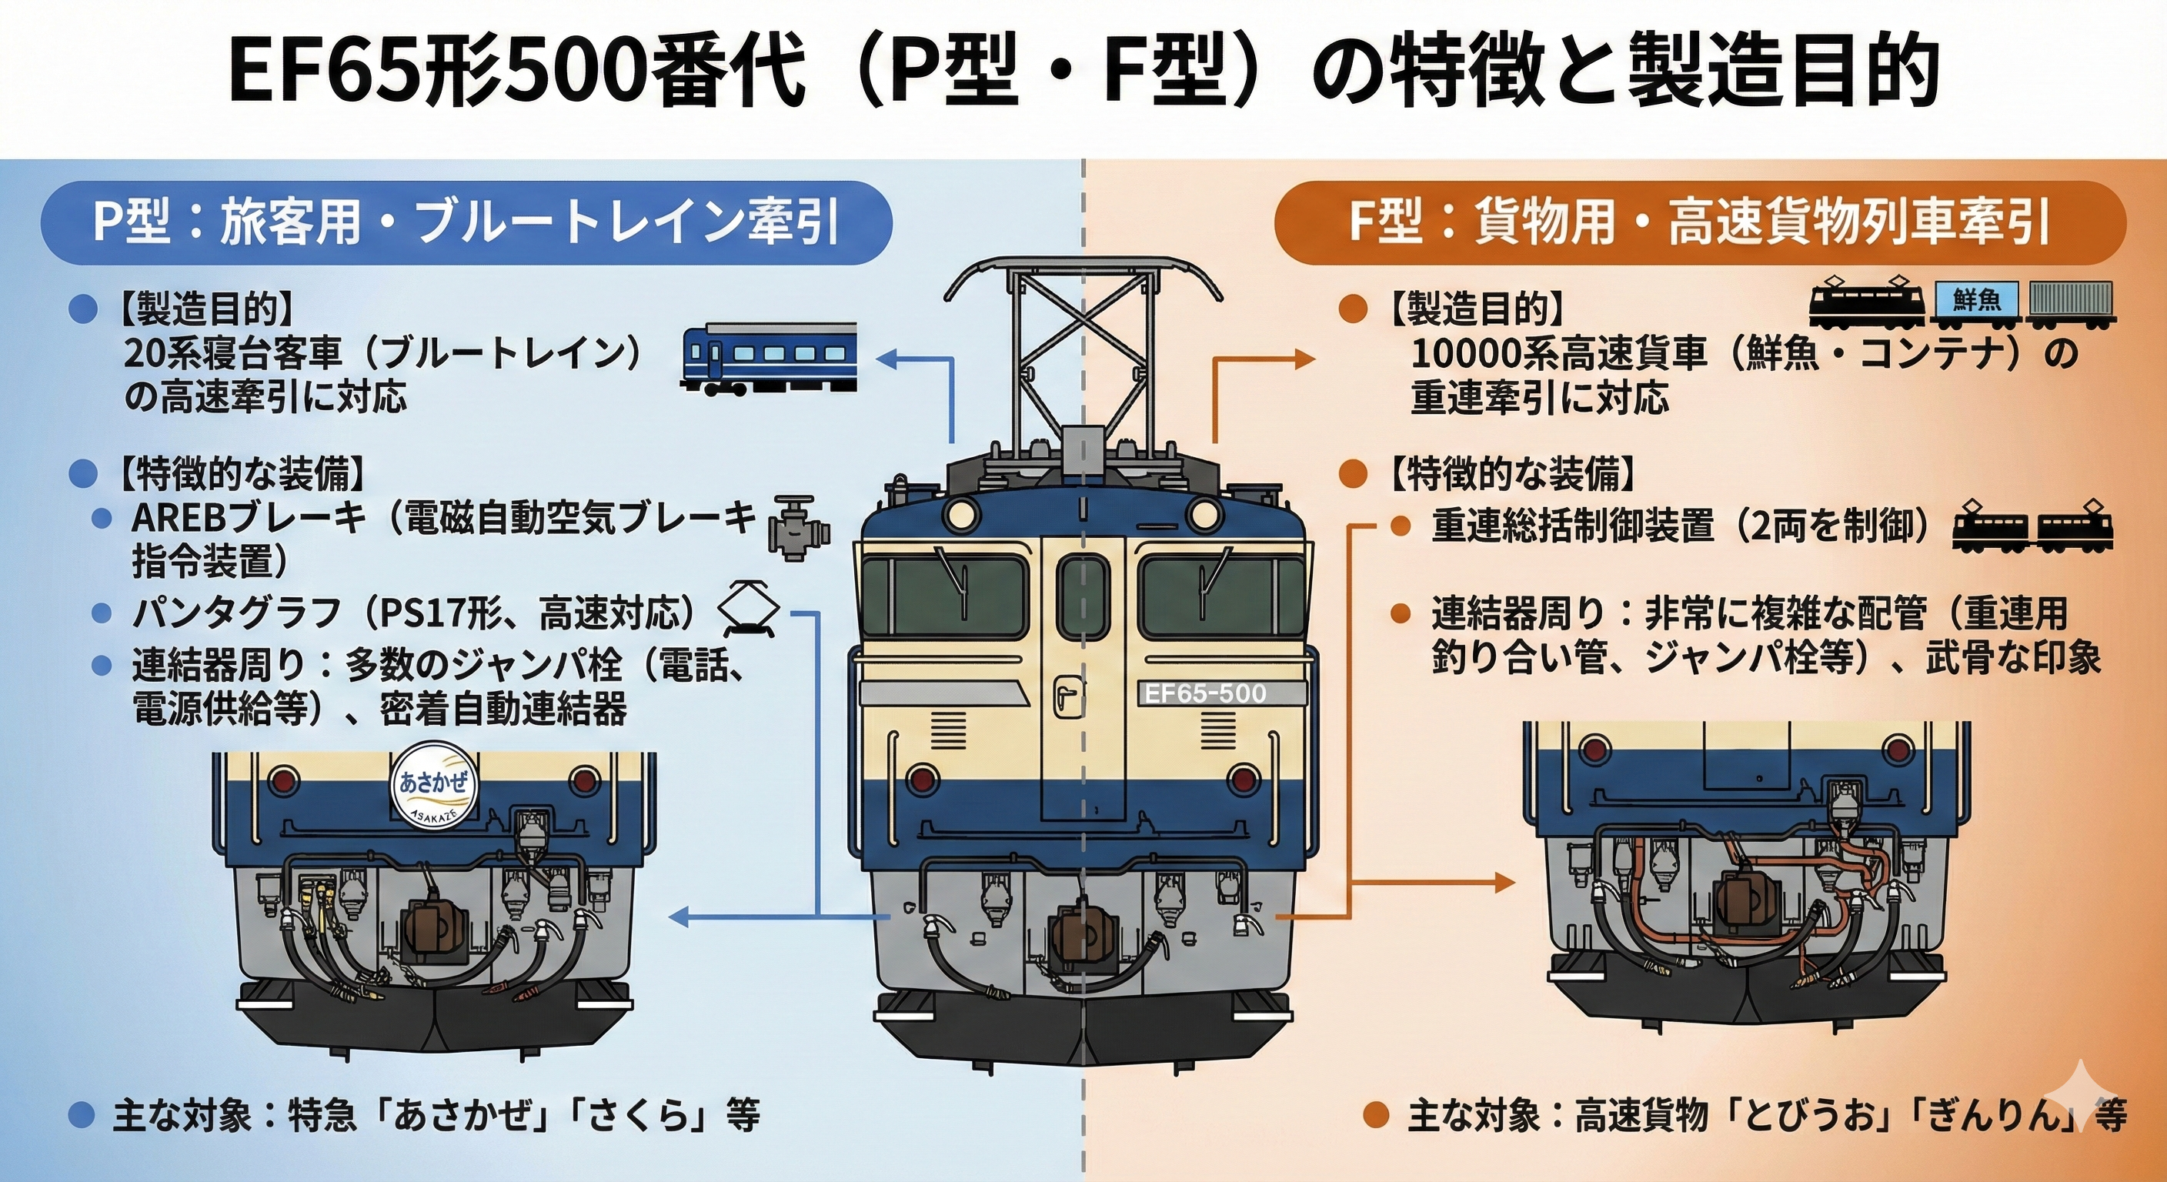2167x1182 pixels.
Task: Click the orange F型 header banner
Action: (x=1699, y=223)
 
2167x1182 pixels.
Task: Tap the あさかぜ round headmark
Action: (x=433, y=784)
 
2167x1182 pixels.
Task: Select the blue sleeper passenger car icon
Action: (x=768, y=358)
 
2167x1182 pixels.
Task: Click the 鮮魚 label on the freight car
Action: (x=1976, y=299)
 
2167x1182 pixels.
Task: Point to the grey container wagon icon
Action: (x=2070, y=304)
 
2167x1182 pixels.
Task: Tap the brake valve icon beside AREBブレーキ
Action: (x=797, y=527)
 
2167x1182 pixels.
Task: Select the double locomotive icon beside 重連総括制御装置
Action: (x=2032, y=527)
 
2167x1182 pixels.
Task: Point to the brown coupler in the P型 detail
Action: (x=432, y=929)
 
